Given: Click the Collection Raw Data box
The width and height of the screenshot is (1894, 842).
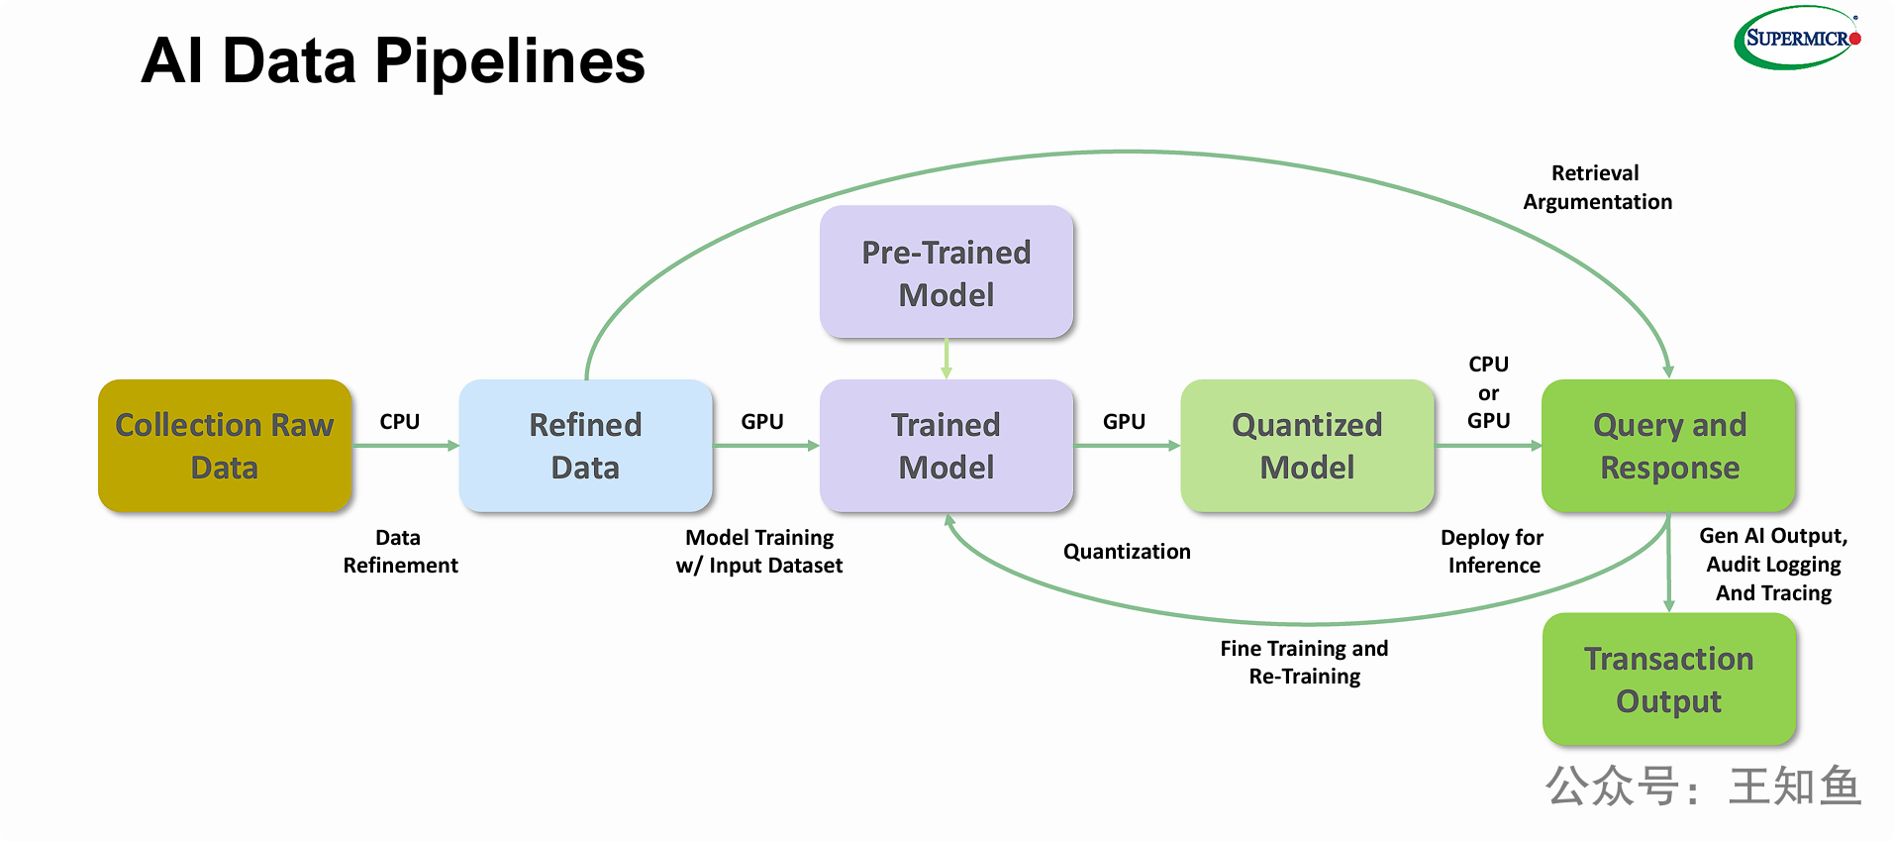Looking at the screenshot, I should [x=225, y=446].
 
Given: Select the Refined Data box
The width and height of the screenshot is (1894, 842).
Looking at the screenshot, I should [x=585, y=446].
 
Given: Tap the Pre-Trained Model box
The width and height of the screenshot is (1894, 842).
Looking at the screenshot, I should [x=947, y=272].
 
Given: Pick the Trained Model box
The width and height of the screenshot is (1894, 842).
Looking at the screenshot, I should [x=947, y=446].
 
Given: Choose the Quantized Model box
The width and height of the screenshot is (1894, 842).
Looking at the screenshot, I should [x=1307, y=446].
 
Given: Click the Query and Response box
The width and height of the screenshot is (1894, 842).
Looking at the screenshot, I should [x=1669, y=446].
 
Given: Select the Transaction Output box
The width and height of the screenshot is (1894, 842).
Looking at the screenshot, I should [x=1669, y=680].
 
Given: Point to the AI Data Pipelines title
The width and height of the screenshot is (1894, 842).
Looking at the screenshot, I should [x=393, y=60].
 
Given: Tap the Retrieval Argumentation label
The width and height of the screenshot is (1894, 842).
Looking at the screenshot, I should [x=1597, y=187].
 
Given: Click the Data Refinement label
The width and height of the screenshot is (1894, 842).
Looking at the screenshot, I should [x=400, y=552].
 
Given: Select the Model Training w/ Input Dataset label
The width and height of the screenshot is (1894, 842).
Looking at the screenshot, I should [x=759, y=552].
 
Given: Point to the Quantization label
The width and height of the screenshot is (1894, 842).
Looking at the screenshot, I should [x=1127, y=552].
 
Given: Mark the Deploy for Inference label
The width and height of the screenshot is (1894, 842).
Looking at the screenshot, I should [x=1493, y=552].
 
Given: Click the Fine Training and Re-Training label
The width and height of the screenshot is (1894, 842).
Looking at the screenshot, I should [x=1304, y=663].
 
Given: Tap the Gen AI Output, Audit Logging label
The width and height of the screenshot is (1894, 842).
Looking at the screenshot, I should [x=1773, y=564].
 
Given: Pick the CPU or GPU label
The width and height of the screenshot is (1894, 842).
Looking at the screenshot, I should [x=1488, y=392].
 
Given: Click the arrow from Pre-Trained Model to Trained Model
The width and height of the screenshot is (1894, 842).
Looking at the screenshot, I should [x=947, y=359].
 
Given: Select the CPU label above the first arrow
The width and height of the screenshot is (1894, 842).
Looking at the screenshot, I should [x=400, y=422].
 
